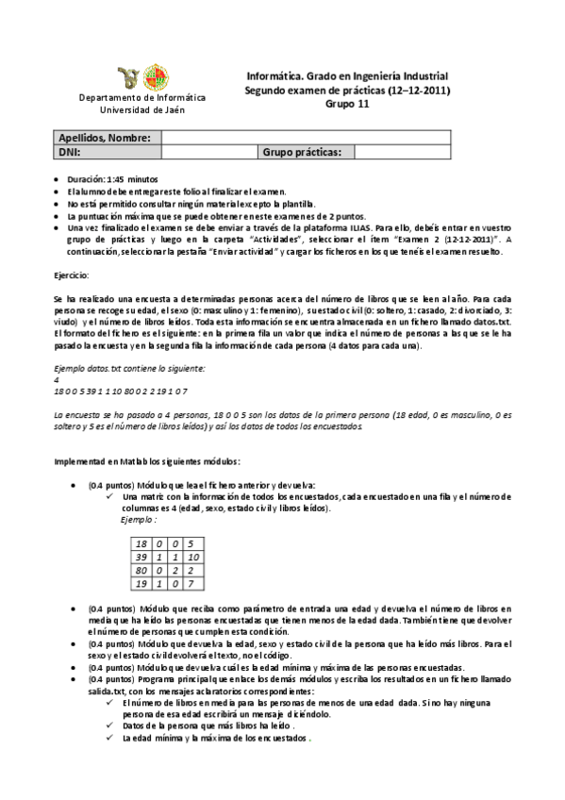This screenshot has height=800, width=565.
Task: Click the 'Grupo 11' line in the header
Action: pos(347,104)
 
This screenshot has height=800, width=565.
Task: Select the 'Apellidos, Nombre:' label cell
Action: pos(105,138)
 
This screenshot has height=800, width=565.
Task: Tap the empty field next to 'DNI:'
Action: pos(208,151)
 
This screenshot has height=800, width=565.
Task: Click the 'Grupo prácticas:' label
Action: pos(307,151)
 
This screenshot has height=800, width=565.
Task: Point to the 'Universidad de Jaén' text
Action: pos(141,109)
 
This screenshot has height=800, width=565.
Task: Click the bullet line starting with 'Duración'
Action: pos(114,178)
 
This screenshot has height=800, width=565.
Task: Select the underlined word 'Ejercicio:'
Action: pos(72,275)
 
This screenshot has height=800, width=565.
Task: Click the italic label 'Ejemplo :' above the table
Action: pos(139,520)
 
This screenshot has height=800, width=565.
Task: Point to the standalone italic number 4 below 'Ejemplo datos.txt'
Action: pos(57,378)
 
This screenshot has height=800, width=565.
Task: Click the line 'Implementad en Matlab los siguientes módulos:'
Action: pos(147,461)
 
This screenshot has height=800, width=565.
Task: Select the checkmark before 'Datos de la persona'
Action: pos(112,726)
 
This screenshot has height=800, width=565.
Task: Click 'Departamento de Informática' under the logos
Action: pos(141,97)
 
